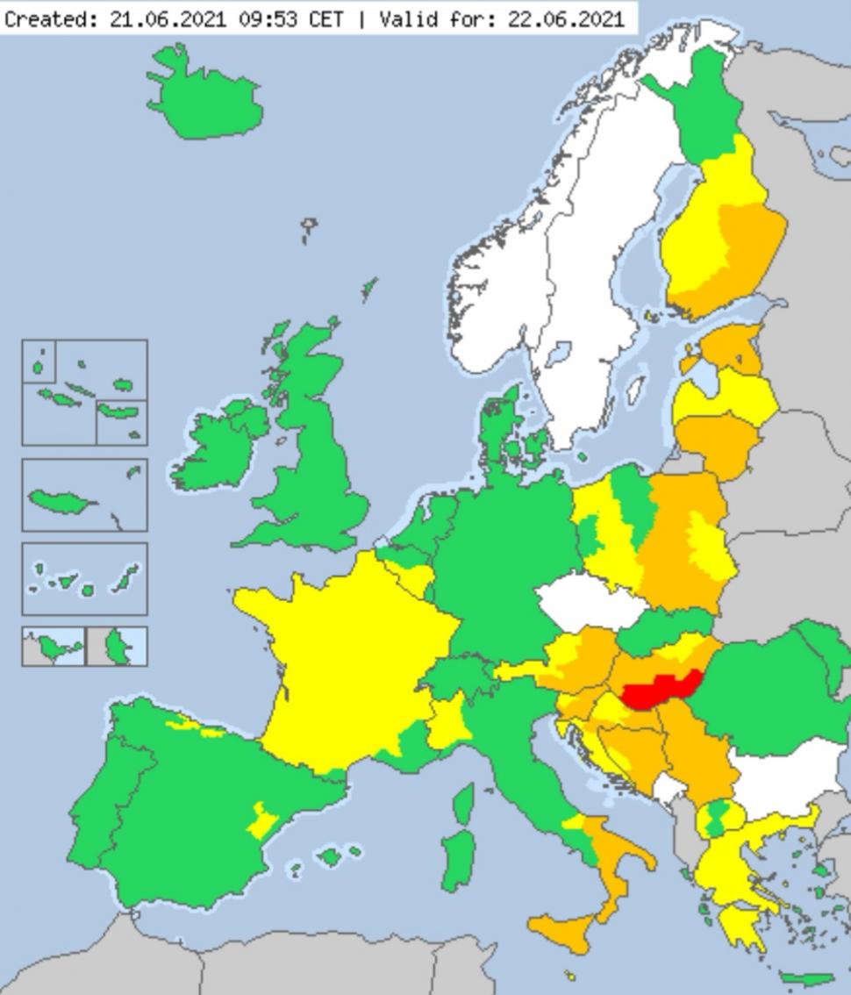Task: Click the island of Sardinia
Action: (x=457, y=855)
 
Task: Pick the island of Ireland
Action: (x=215, y=443)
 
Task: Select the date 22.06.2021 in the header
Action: (x=565, y=18)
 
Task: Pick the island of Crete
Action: (x=805, y=978)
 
